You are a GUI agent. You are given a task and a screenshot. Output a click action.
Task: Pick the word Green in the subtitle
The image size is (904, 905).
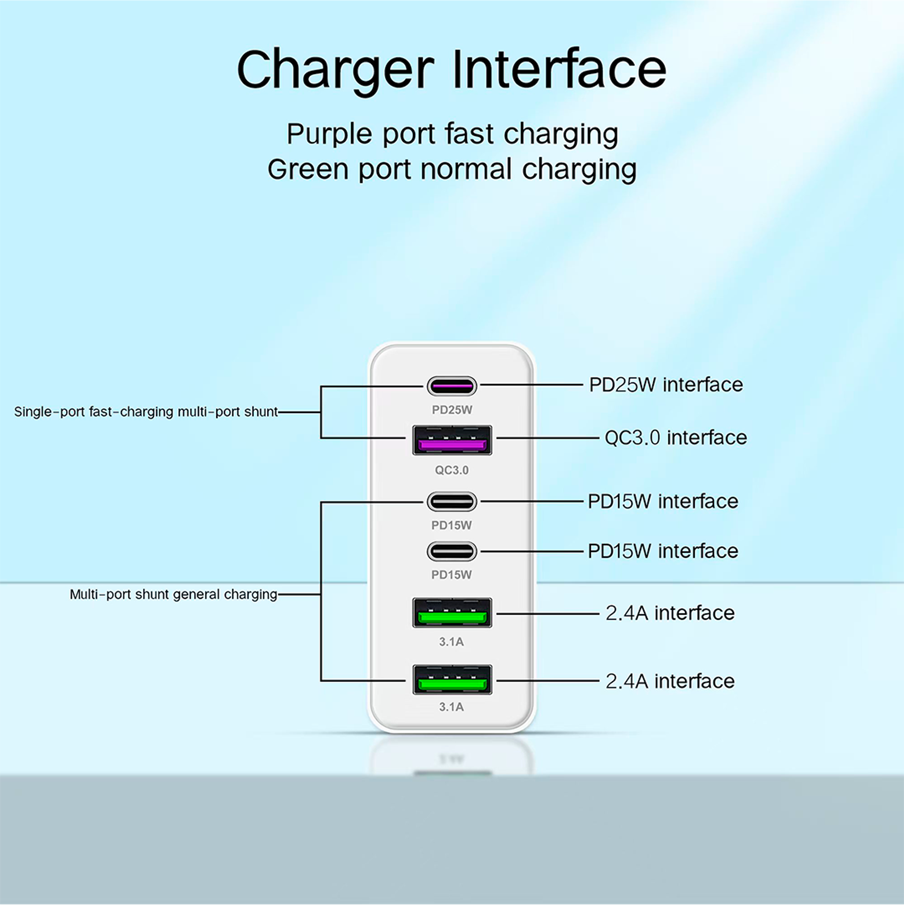(x=308, y=169)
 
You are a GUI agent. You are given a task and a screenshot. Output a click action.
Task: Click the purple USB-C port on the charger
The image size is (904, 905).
(x=452, y=386)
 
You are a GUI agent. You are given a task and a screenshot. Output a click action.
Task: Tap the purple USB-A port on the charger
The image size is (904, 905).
(x=452, y=440)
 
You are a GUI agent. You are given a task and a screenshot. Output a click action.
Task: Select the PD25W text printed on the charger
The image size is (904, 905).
(x=452, y=410)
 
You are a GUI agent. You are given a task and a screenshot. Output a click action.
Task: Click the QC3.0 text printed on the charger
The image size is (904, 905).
(x=452, y=470)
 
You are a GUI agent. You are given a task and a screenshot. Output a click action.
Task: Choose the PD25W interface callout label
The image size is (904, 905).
(x=666, y=385)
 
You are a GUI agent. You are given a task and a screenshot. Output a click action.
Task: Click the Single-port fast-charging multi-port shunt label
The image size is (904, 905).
(x=146, y=412)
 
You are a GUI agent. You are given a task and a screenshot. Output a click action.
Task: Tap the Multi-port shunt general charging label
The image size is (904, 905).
(x=173, y=594)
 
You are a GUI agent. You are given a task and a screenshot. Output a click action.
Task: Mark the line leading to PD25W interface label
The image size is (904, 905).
(x=531, y=385)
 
